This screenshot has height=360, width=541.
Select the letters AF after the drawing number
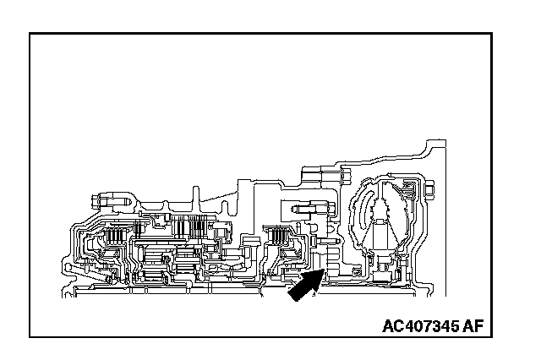pos(478,326)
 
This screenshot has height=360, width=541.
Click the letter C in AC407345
pos(397,326)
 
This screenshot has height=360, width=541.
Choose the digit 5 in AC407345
pos(462,326)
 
